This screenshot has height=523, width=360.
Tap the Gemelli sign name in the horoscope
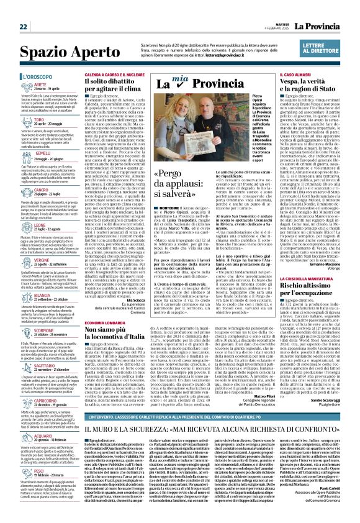[x=25, y=152]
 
